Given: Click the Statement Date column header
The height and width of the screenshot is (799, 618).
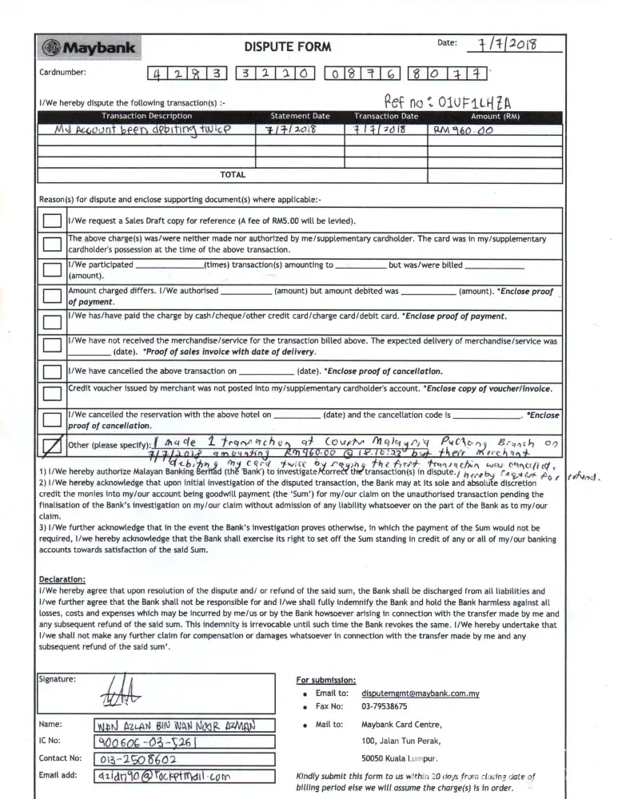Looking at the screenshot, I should pos(300,117).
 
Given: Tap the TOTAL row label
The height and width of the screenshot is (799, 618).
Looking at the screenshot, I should pos(233,174).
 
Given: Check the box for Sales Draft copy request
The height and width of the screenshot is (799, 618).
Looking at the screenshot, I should pos(52,221).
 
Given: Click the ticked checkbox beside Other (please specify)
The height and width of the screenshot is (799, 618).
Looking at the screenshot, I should pos(52,447).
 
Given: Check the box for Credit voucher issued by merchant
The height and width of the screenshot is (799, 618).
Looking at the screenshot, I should pos(52,393).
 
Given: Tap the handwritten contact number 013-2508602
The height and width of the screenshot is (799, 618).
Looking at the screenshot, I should pos(138,759).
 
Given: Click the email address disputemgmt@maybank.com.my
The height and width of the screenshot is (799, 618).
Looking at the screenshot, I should pos(421,694).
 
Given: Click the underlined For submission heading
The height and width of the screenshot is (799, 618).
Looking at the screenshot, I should pos(326,680).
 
